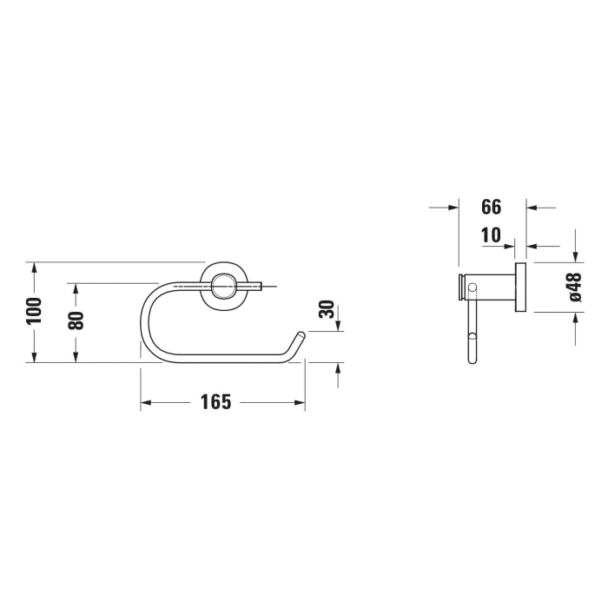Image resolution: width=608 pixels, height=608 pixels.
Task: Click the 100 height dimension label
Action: coord(34,311)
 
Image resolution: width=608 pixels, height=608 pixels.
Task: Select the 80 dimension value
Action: coord(76,320)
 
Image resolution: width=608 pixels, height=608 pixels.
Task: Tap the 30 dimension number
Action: coord(326,309)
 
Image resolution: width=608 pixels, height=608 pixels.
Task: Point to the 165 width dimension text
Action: coord(215,401)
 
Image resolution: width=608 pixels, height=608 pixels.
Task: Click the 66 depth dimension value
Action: coord(492,207)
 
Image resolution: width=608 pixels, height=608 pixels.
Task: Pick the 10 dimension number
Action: coord(492,235)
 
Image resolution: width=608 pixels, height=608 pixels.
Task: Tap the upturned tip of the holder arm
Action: coord(301,334)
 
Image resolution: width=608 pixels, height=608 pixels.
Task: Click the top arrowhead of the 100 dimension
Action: coord(34,267)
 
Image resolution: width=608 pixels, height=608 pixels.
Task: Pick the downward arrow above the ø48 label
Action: coord(574,254)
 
